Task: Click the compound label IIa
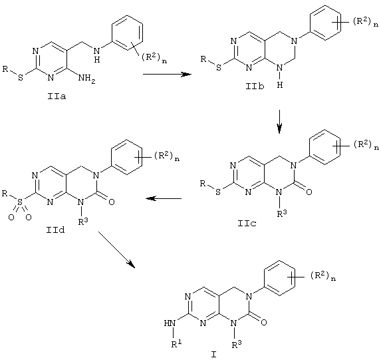[x=57, y=96]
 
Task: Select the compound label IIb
[x=255, y=86]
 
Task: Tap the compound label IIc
[x=247, y=223]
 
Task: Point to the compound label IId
[x=56, y=230]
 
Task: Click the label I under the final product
[x=214, y=355]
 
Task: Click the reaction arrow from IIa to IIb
[x=167, y=75]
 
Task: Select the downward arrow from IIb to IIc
[x=279, y=122]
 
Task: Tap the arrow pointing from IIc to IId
[x=164, y=198]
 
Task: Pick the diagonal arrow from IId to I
[x=116, y=250]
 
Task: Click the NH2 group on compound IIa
[x=87, y=79]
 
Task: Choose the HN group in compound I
[x=170, y=323]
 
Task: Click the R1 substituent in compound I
[x=176, y=343]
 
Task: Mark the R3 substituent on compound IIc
[x=282, y=213]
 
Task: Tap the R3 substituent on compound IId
[x=83, y=221]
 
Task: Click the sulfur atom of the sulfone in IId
[x=20, y=201]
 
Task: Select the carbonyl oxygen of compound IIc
[x=309, y=192]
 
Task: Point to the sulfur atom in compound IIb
[x=219, y=68]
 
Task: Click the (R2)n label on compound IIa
[x=154, y=58]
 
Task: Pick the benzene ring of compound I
[x=279, y=278]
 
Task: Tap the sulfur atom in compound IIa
[x=21, y=78]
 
